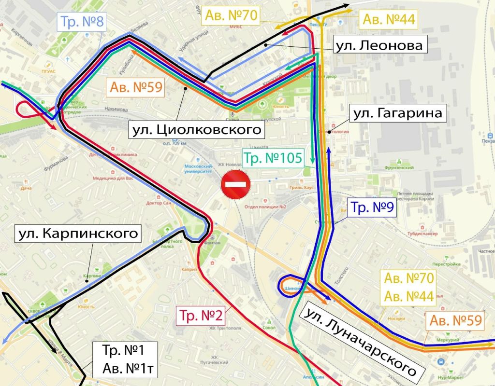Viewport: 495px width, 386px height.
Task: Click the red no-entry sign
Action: point(235,184)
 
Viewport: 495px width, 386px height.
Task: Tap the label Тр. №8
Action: point(80,22)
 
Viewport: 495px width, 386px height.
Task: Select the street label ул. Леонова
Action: point(379,46)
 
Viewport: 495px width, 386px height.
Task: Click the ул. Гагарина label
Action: point(398,114)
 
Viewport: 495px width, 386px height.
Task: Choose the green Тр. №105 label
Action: point(273,158)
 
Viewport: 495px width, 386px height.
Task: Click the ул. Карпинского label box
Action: point(76,234)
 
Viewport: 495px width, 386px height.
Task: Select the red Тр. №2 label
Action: point(201,317)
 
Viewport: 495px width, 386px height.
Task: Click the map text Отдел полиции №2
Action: point(266,207)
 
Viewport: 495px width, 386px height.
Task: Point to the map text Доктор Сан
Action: point(159,204)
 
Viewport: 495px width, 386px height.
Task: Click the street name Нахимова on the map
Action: point(115,110)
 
